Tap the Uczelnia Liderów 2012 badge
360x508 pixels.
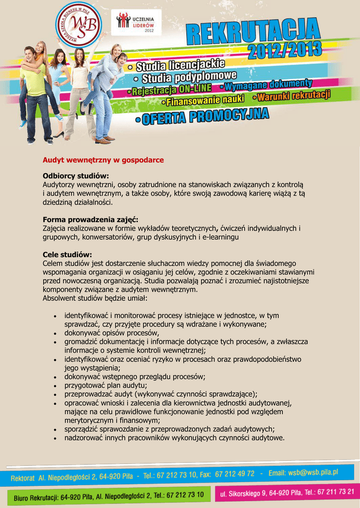pos(136,22)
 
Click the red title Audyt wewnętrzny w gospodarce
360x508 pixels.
pos(103,160)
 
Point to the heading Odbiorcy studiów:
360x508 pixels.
pos(75,176)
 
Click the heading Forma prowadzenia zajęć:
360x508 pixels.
pos(90,220)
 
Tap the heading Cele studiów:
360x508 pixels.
pos(67,254)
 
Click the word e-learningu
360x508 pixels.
pos(218,238)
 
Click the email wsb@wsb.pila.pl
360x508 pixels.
pos(310,473)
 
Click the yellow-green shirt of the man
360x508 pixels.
pos(33,80)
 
